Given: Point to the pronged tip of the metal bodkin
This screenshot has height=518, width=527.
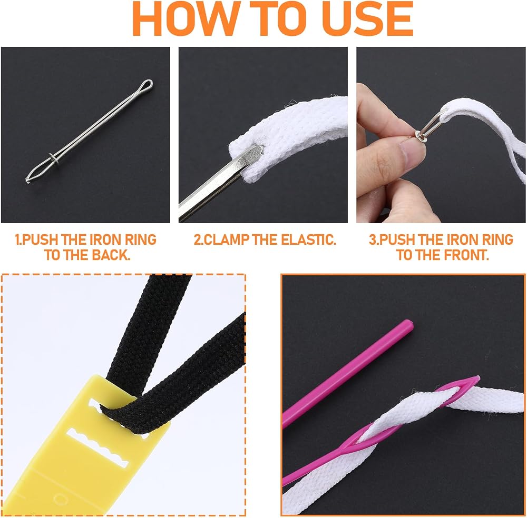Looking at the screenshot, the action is click(28, 180).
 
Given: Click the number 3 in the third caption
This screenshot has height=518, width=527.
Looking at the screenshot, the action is click(372, 240).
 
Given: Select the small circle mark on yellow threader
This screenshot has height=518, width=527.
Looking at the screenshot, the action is click(60, 499).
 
